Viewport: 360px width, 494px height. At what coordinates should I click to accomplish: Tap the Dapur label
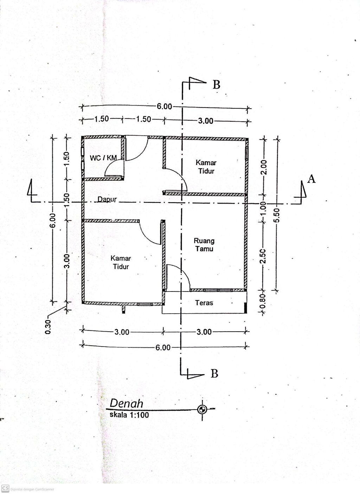pos(107,199)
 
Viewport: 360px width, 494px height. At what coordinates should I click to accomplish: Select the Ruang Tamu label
pos(204,245)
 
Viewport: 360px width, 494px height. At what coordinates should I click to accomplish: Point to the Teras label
pos(204,303)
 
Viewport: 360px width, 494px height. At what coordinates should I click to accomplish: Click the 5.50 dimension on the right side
pos(277,215)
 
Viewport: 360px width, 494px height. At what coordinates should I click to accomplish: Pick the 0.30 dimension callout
pos(49,327)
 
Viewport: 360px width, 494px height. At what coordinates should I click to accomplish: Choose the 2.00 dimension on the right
pos(264,167)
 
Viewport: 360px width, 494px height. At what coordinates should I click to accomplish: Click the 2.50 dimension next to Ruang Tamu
pos(263,256)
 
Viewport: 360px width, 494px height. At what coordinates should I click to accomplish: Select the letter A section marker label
pos(311,179)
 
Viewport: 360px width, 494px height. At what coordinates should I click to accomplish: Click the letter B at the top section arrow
pos(216,85)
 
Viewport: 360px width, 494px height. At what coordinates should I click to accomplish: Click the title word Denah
pos(126,403)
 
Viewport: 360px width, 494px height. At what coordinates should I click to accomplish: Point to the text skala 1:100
pos(129,415)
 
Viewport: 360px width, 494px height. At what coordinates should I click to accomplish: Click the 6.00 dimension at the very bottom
pos(163,348)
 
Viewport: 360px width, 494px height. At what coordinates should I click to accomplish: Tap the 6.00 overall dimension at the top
pos(164,107)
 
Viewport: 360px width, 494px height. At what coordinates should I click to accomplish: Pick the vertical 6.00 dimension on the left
pos(53,220)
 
